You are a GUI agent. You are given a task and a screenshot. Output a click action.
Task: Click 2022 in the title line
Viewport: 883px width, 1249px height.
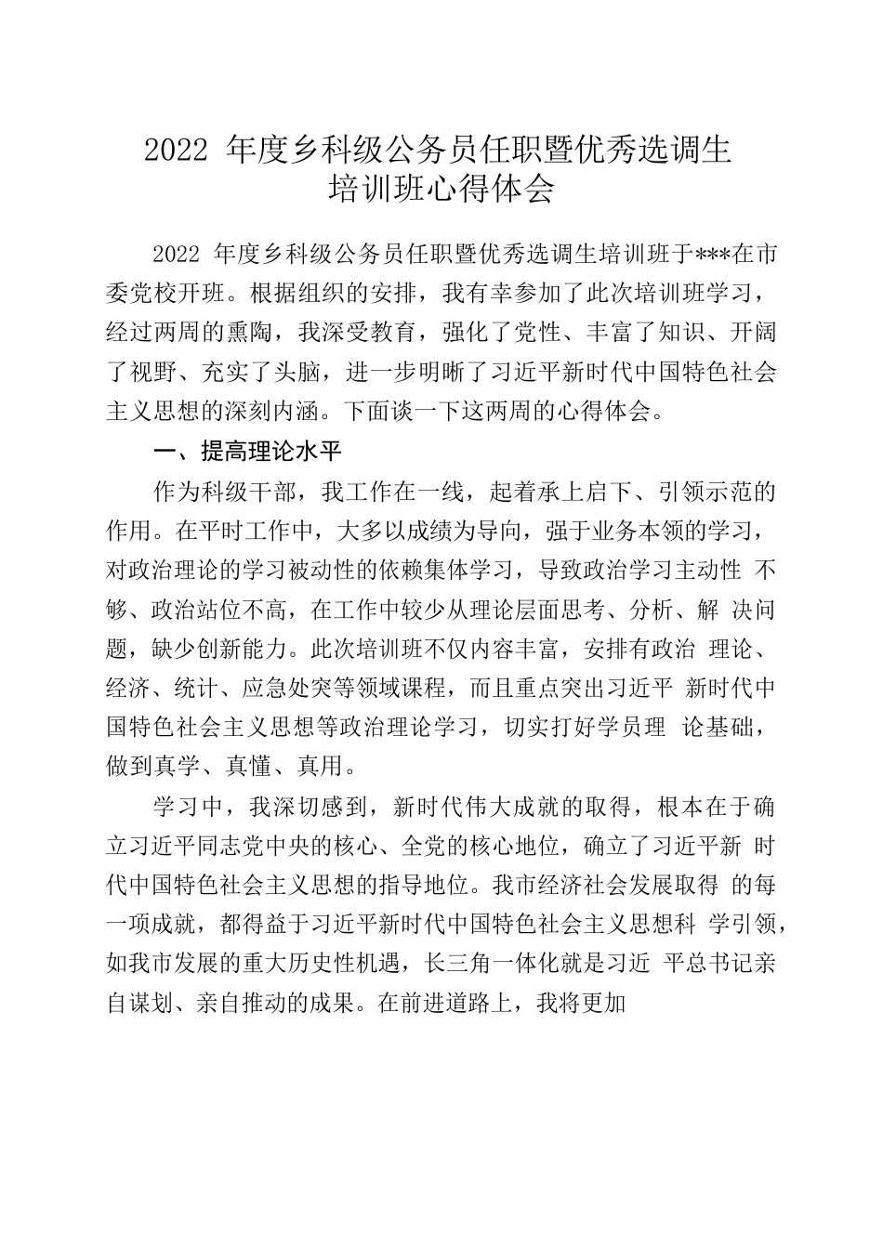tap(175, 150)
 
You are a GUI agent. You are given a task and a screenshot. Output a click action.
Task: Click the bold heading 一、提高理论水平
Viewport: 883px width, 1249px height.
tap(248, 453)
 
